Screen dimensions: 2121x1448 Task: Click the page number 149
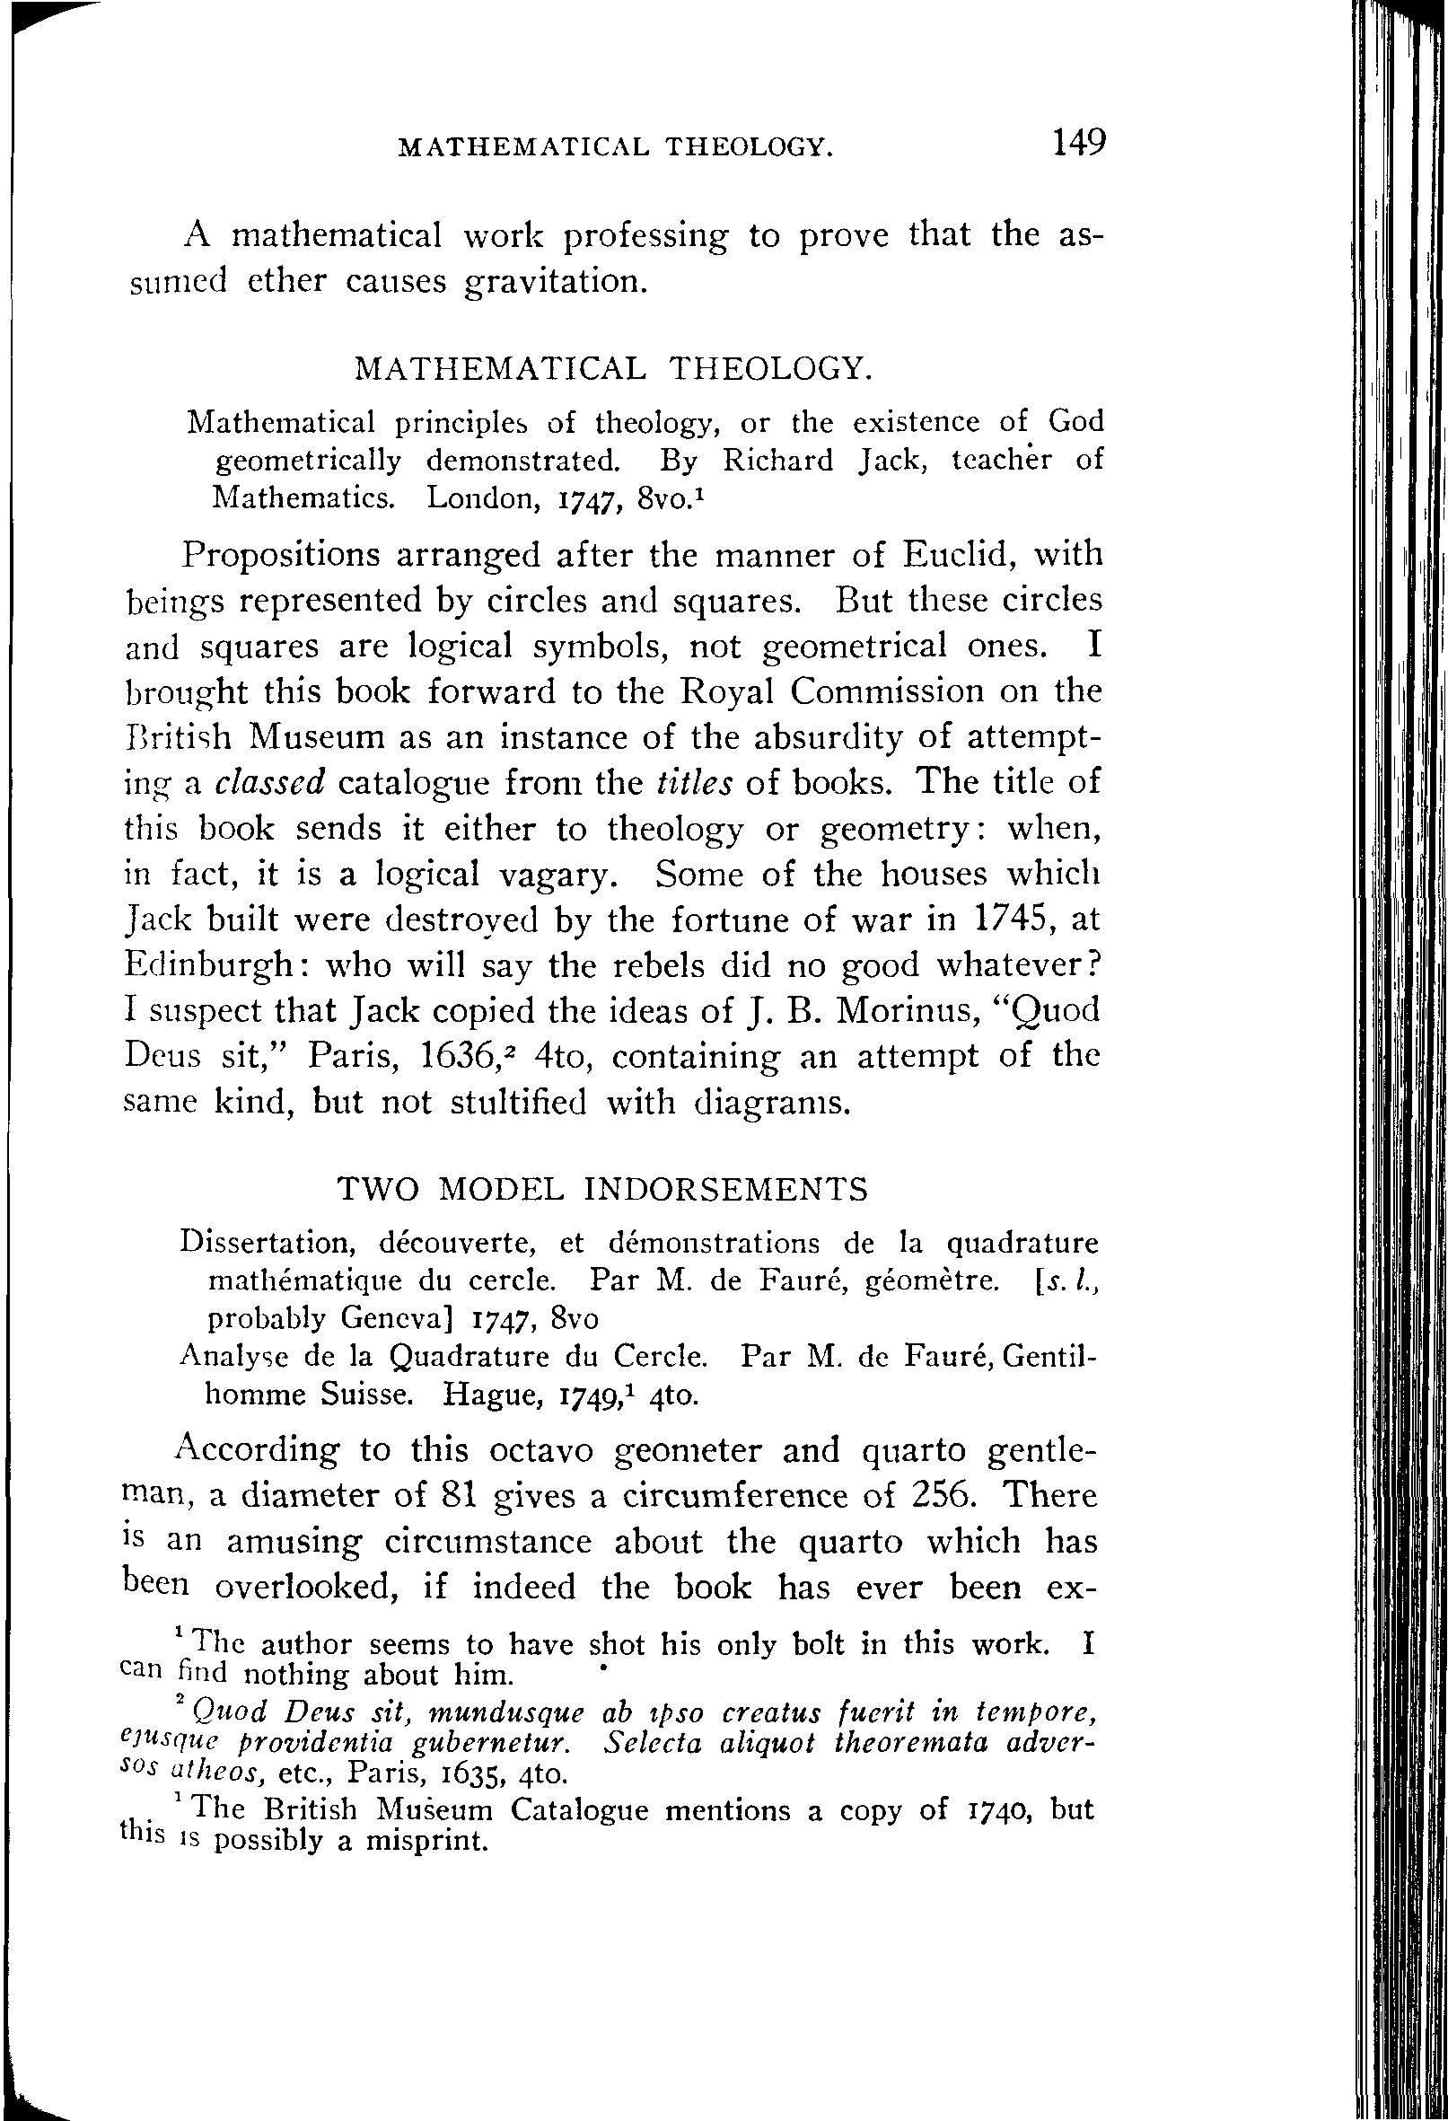pyautogui.click(x=1077, y=144)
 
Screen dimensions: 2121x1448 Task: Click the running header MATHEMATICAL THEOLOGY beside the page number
pyautogui.click(x=617, y=147)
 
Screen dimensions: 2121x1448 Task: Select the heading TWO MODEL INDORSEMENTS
pyautogui.click(x=602, y=1190)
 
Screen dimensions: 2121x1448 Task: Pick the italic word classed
pyautogui.click(x=271, y=783)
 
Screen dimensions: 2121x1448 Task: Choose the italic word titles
pyautogui.click(x=694, y=783)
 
